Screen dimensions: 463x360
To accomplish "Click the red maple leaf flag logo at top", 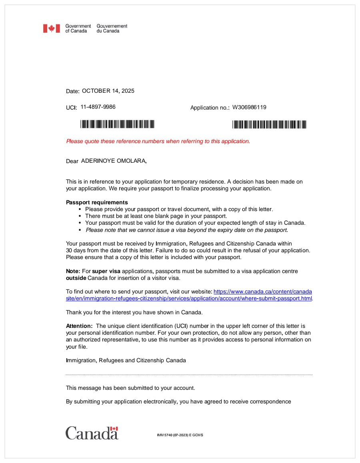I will pos(51,28).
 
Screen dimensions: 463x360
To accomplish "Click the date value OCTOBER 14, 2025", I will pos(108,91).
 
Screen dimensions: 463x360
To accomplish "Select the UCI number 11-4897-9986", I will pos(98,107).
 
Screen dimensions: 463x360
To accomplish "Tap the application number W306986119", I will pos(249,107).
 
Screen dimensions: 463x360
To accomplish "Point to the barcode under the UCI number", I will pos(117,124).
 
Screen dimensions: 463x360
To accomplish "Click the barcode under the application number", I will pos(269,124).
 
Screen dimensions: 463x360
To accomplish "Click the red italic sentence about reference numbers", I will pos(158,141).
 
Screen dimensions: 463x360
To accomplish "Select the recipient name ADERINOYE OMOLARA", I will pos(114,161).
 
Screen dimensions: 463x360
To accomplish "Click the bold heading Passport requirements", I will pos(97,202).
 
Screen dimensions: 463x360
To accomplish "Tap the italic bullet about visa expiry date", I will pos(187,230).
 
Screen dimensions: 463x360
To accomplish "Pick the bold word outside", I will pos(76,278).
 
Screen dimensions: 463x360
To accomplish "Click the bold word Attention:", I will pos(79,326).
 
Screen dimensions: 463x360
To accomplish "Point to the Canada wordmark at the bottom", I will pos(92,433).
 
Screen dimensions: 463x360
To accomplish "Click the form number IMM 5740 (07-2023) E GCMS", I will pos(180,435).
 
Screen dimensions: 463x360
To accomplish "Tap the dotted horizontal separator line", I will pos(189,375).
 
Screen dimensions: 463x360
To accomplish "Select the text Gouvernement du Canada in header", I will pos(112,28).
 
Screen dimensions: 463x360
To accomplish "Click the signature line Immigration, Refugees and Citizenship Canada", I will pos(126,360).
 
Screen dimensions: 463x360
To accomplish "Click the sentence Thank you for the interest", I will pos(134,312).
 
